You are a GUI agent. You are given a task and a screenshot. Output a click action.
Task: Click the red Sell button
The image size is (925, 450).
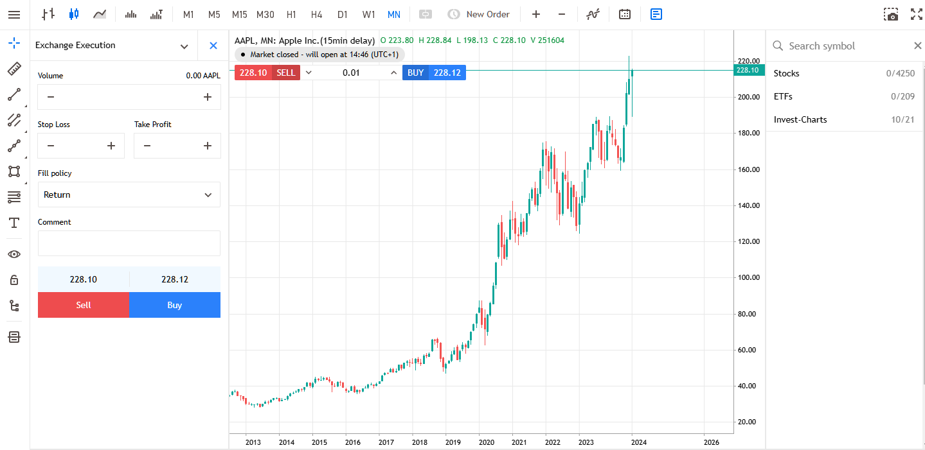pyautogui.click(x=84, y=305)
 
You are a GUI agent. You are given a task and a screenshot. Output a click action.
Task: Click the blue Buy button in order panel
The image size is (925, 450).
pyautogui.click(x=175, y=305)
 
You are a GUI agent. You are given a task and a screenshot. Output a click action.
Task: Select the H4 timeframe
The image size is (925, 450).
pyautogui.click(x=316, y=14)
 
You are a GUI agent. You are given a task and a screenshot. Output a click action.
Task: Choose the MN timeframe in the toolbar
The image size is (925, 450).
pyautogui.click(x=393, y=14)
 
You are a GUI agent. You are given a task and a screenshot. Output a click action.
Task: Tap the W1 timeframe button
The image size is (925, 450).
pyautogui.click(x=368, y=14)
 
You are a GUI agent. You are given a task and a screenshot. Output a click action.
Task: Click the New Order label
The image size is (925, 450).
pyautogui.click(x=487, y=14)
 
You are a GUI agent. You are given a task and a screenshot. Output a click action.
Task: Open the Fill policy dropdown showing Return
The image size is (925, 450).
pyautogui.click(x=129, y=195)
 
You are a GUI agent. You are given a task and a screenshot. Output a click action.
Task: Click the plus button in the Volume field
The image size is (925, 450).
pyautogui.click(x=208, y=97)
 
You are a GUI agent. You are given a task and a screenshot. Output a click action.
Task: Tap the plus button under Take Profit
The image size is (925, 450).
pyautogui.click(x=208, y=146)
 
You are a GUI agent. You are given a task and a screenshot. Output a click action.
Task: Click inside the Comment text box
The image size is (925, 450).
pyautogui.click(x=129, y=243)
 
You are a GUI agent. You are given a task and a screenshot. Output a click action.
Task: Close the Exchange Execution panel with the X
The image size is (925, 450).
pyautogui.click(x=213, y=46)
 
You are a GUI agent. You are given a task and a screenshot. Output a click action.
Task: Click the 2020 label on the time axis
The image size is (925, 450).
pyautogui.click(x=486, y=442)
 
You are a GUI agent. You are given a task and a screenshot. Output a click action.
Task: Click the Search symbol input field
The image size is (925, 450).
pyautogui.click(x=842, y=46)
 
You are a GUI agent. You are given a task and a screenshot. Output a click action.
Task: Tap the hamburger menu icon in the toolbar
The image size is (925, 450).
pyautogui.click(x=14, y=14)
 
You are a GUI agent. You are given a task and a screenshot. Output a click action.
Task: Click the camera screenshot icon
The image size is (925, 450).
pyautogui.click(x=891, y=14)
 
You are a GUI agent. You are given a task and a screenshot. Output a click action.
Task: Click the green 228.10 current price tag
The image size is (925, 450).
pyautogui.click(x=748, y=70)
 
